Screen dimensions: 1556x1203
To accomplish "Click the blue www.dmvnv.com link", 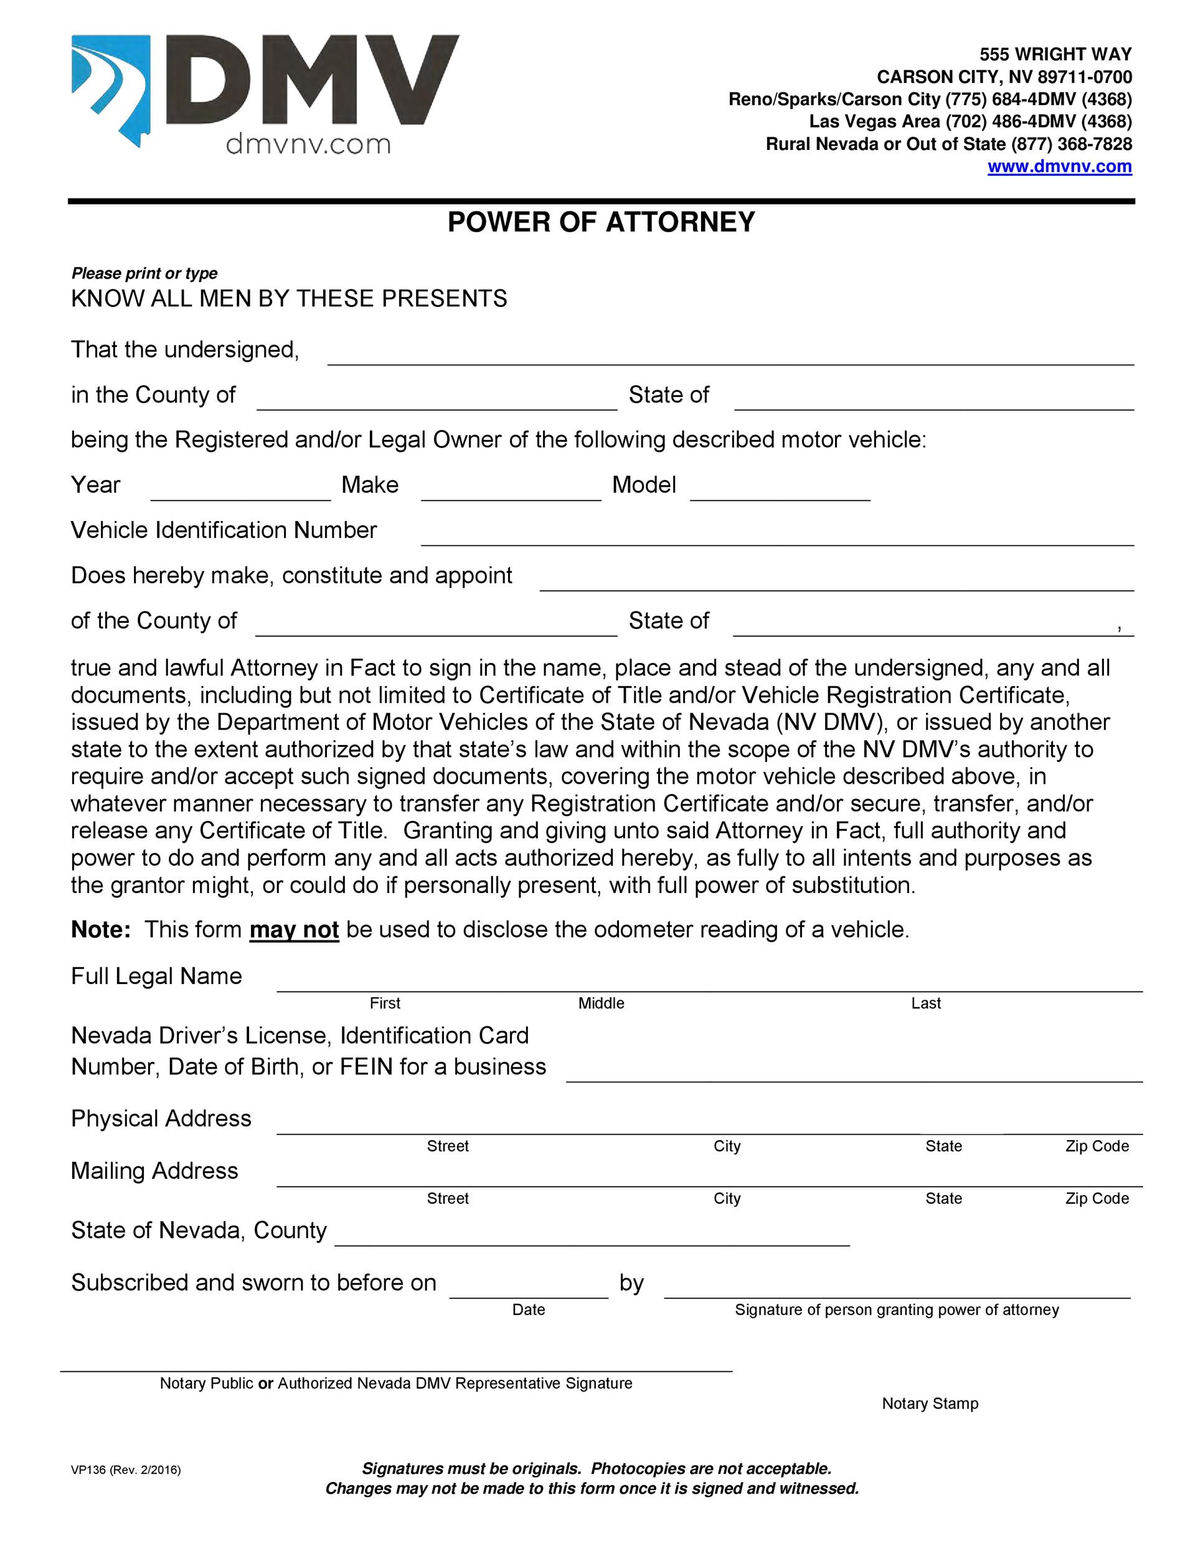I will [1059, 167].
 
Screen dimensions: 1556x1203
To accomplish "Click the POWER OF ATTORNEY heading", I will [601, 222].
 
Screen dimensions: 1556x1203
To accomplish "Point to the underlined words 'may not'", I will [294, 930].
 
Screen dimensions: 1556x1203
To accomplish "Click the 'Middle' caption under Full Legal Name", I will [601, 1003].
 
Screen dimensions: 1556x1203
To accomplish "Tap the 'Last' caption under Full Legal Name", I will [926, 1003].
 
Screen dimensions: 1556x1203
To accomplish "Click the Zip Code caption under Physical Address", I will [1097, 1146].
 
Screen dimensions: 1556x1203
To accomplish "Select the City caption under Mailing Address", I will [727, 1198].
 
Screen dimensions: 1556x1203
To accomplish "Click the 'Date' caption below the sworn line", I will [528, 1310].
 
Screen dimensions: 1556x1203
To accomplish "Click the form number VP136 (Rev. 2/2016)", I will [125, 1469].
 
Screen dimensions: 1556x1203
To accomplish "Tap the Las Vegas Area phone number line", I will [970, 122].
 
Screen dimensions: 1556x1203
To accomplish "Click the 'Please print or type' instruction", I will [144, 274].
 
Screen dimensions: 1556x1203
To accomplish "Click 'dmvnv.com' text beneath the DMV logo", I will [308, 146].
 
